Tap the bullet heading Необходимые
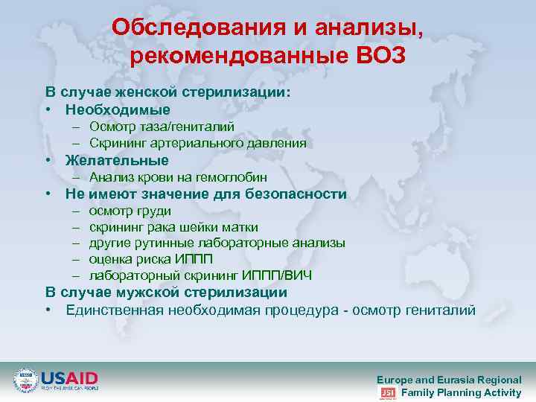117,109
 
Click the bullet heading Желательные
117,160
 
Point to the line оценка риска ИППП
150,260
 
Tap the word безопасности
298,194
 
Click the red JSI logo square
387,392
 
